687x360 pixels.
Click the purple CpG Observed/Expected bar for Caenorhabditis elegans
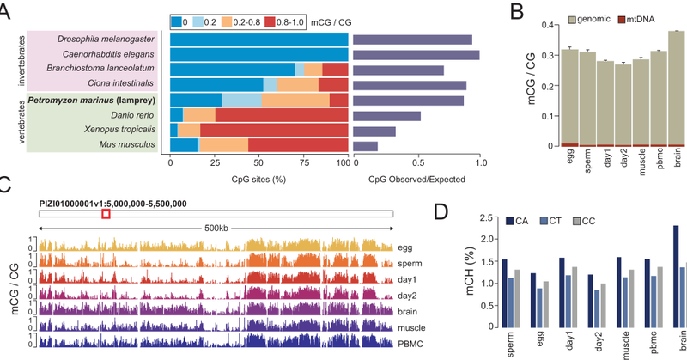click(416, 55)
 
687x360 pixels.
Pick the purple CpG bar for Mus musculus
click(365, 145)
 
